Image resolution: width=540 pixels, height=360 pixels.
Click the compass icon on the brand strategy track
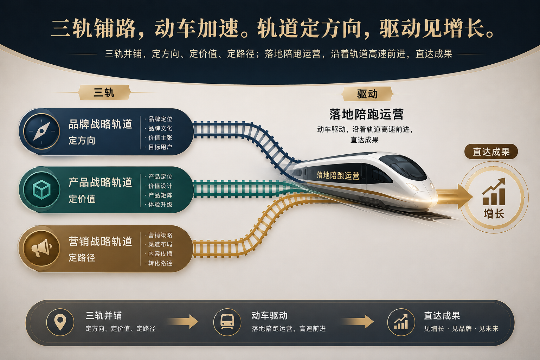41,131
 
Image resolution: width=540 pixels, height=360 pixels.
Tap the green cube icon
41,190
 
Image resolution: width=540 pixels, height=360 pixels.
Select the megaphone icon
41,248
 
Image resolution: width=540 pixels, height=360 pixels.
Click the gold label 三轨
104,92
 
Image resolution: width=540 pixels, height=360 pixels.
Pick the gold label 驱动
367,94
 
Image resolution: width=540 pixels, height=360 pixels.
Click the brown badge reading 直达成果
491,152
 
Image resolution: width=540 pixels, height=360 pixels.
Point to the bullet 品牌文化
160,128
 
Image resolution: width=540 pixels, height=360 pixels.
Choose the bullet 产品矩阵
160,195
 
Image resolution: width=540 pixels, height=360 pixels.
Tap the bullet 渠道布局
160,244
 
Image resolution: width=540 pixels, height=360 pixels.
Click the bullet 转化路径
160,263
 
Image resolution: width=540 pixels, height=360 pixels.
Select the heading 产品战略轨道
100,182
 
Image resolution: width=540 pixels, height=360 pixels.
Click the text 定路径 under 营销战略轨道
82,258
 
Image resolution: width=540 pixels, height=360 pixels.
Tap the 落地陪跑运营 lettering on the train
338,175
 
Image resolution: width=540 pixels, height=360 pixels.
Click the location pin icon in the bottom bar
60,322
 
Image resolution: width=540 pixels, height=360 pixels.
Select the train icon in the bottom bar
227,322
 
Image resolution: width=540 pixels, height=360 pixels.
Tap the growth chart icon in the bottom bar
401,322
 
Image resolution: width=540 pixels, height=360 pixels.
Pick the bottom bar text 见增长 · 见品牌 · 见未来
461,329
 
